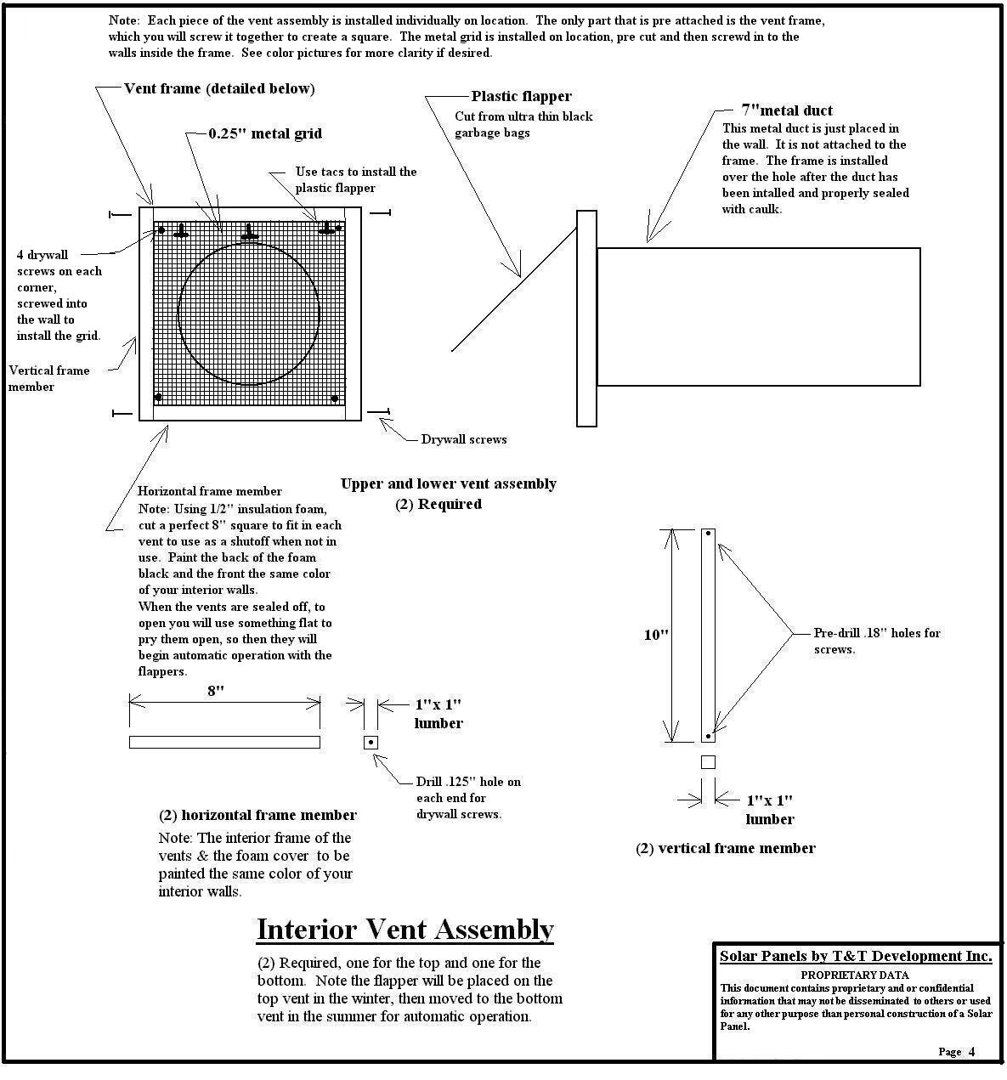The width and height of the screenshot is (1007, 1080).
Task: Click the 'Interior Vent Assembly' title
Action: (x=405, y=930)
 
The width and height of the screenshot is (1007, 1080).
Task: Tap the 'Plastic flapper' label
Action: (x=521, y=97)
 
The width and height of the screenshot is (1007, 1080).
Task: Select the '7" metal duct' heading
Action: (x=787, y=110)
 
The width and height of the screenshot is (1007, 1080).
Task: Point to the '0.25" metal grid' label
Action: (x=265, y=134)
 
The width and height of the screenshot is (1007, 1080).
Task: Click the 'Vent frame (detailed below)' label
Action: (x=219, y=89)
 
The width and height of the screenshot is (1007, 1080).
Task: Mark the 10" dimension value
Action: (x=656, y=635)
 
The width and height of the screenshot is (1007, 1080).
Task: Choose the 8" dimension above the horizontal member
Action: (x=216, y=691)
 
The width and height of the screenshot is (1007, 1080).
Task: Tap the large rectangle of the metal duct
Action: (x=758, y=316)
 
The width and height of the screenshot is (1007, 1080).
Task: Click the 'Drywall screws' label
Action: (x=464, y=440)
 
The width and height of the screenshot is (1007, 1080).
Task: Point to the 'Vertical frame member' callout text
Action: (x=48, y=378)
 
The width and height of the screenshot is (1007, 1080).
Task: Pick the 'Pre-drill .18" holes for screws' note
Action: (x=876, y=641)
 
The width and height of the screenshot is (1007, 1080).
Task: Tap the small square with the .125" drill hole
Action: (x=371, y=743)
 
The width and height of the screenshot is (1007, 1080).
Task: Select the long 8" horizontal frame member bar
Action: (x=224, y=742)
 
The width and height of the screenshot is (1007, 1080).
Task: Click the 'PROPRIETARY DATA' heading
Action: (x=854, y=975)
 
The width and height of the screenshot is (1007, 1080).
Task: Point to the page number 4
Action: (x=971, y=1052)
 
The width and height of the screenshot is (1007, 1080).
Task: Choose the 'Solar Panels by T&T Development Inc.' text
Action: (x=856, y=957)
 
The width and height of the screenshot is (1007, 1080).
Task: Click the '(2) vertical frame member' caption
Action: (x=726, y=848)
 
